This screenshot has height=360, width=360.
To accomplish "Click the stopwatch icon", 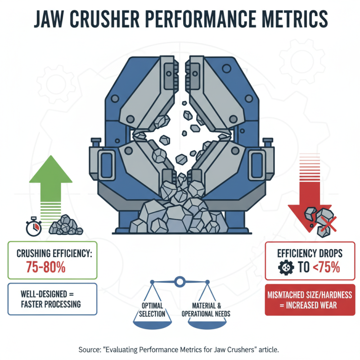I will [x=34, y=227].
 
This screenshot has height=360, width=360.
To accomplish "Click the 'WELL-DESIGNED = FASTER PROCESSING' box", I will [x=53, y=298].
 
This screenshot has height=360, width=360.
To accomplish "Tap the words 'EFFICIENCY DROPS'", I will [x=309, y=253].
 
